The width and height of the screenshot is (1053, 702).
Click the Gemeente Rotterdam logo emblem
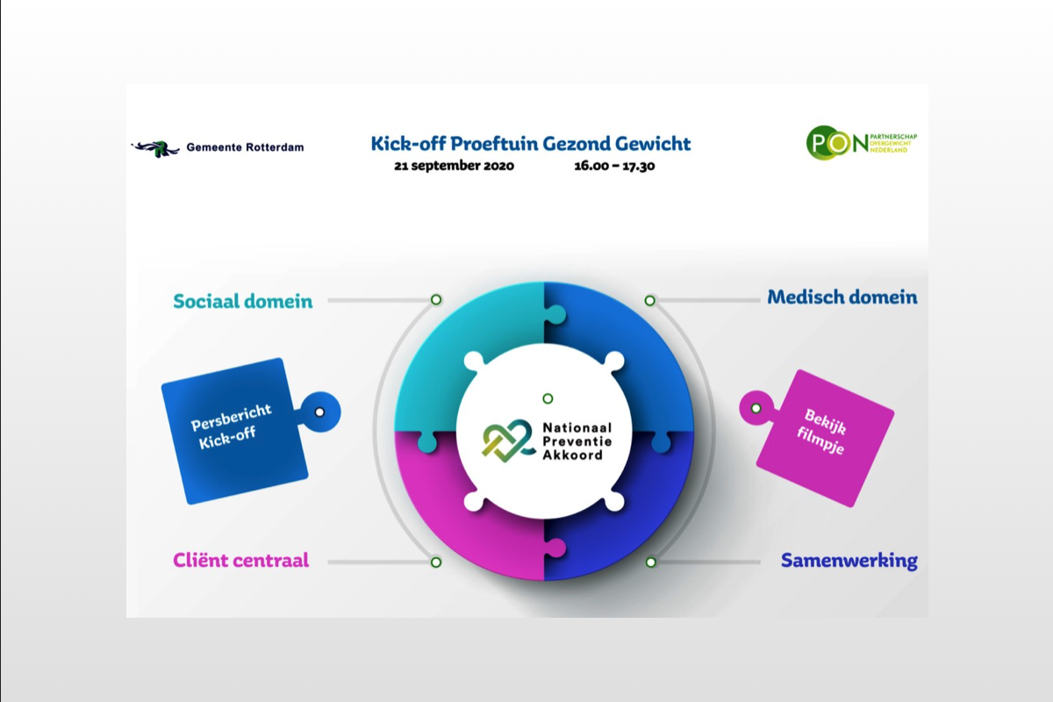click(155, 148)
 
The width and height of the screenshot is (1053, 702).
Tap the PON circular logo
click(837, 143)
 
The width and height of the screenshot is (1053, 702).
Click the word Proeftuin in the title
click(493, 144)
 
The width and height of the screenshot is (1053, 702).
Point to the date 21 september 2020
click(455, 166)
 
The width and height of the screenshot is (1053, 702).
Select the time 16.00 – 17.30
click(614, 166)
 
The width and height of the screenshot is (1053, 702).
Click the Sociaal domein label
click(242, 301)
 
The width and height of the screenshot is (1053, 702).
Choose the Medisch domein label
click(842, 297)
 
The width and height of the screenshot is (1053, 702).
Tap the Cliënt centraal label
click(240, 560)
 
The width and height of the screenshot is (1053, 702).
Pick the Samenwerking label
click(849, 561)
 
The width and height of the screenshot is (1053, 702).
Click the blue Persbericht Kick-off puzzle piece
click(235, 431)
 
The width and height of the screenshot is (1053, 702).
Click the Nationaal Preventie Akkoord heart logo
click(507, 441)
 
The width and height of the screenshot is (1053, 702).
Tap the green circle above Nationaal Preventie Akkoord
click(548, 398)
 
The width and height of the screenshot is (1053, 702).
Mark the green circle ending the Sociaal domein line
click(436, 299)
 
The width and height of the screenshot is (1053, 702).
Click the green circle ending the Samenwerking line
click(650, 562)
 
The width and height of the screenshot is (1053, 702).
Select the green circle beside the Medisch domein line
click(649, 300)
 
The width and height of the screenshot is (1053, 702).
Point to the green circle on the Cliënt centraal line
click(436, 562)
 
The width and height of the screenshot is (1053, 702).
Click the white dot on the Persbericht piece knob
click(319, 412)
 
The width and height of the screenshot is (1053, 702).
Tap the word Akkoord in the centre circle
click(572, 455)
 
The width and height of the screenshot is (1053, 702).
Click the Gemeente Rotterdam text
click(245, 147)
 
